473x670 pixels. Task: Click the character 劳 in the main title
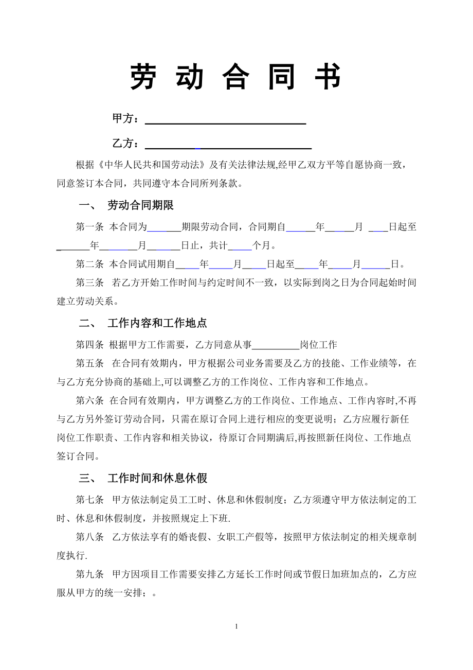[x=142, y=78]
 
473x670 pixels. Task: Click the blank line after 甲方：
[x=226, y=119]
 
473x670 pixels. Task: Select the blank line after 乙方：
[x=228, y=144]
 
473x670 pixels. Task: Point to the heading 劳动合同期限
[x=140, y=205]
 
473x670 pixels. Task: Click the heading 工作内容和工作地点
[x=157, y=323]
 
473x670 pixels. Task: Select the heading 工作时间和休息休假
[x=157, y=478]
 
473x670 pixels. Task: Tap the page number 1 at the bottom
[x=236, y=626]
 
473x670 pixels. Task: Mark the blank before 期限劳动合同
[x=165, y=227]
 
